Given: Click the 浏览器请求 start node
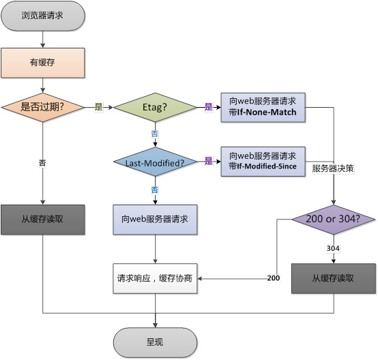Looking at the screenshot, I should point(43,15).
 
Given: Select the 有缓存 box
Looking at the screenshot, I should point(43,62).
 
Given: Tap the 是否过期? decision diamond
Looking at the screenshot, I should point(43,107).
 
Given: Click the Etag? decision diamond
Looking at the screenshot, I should point(155,107).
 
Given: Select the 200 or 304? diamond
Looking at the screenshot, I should point(334,220).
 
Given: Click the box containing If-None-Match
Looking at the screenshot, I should point(263,107).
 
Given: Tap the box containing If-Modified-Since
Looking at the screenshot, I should point(263,162).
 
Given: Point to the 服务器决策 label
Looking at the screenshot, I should point(332,167).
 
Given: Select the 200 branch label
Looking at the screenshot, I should point(274,278).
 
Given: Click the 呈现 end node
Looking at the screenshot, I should point(155,342).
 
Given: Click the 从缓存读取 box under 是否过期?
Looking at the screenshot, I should point(43,220).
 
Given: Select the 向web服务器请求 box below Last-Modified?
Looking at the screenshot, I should point(156,220).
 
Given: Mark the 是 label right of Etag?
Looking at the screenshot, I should point(209,107).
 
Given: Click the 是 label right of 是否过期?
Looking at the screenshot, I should point(98,107).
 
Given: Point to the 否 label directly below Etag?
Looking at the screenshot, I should point(155,134).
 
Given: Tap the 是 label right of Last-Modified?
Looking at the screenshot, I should point(209,162).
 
